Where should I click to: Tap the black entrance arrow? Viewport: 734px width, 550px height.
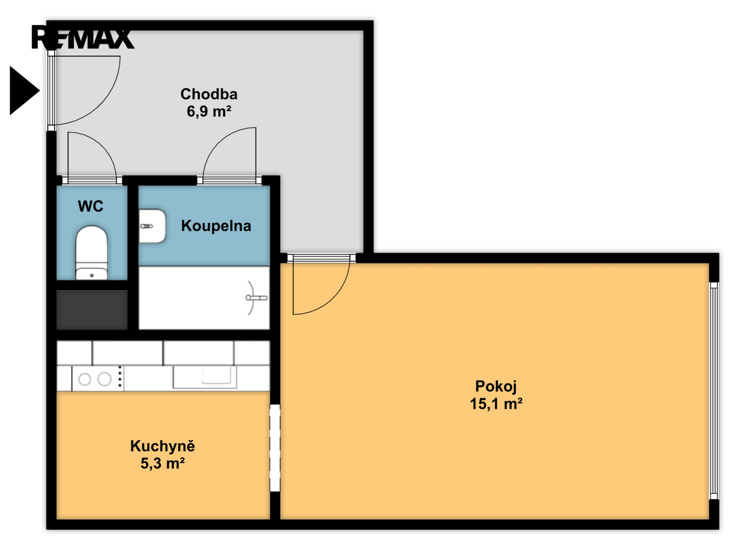(25, 91)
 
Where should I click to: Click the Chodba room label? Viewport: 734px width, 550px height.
(209, 94)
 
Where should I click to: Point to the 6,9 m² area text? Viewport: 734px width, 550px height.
(209, 111)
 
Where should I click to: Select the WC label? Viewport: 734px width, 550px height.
(90, 206)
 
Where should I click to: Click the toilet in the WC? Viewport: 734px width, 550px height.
(92, 253)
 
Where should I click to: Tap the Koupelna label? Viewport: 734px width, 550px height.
(216, 226)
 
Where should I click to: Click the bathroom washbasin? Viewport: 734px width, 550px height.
(152, 226)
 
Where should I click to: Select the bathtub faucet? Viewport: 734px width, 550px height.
(256, 297)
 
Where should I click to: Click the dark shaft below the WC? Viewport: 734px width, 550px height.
(92, 310)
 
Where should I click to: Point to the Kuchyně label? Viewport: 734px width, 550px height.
(163, 446)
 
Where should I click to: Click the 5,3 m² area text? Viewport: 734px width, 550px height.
(163, 463)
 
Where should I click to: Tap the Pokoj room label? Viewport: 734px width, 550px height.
(496, 387)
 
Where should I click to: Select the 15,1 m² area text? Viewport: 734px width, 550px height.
(496, 404)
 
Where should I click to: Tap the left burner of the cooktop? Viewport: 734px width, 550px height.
(85, 379)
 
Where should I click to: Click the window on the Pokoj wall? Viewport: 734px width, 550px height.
(714, 391)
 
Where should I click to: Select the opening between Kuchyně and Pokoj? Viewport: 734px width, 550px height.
(275, 448)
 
